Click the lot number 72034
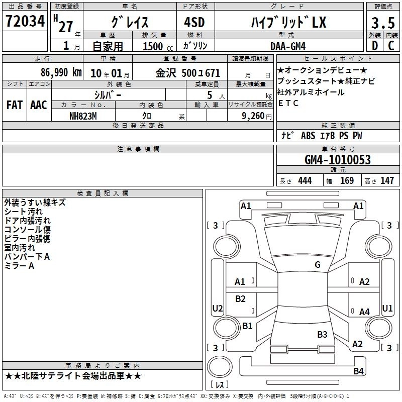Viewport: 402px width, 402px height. [x=25, y=21]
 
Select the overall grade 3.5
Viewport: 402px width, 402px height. [x=383, y=23]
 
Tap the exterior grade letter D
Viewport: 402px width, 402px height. [x=375, y=46]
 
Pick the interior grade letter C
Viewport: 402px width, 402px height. [x=391, y=46]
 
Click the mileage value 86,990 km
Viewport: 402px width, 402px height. [x=61, y=72]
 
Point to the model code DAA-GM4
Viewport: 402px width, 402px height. [x=288, y=46]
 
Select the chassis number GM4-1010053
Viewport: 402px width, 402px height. [x=338, y=160]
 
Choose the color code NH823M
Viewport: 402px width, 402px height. [x=83, y=116]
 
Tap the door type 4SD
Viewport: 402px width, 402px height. [x=194, y=22]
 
